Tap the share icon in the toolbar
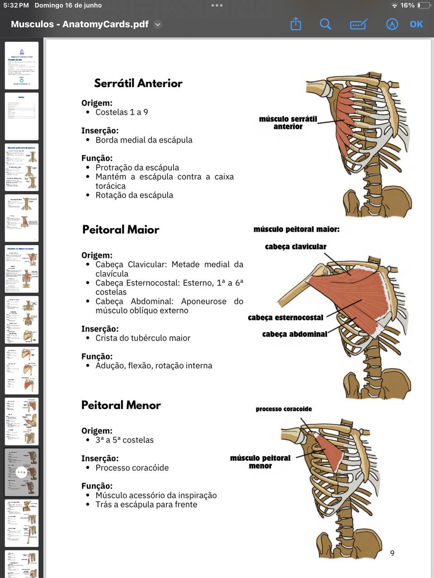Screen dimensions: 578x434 [296, 24]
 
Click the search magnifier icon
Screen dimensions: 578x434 [325, 24]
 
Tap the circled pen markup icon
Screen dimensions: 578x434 [392, 24]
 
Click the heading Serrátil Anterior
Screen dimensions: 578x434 [138, 83]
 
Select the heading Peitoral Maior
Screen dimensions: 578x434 [121, 229]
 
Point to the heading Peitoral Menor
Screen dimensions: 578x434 [121, 405]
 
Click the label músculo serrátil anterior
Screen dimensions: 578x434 [288, 123]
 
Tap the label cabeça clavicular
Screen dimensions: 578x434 [296, 247]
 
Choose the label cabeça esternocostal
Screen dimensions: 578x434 [285, 317]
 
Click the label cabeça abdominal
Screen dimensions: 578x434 [294, 334]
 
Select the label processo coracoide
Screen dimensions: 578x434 [283, 409]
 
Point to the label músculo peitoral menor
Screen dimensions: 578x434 [260, 461]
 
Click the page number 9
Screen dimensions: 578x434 [392, 553]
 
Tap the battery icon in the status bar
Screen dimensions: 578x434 [423, 5]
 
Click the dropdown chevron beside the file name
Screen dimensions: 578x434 [158, 24]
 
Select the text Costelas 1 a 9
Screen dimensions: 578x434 [122, 112]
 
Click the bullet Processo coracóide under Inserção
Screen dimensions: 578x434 [132, 468]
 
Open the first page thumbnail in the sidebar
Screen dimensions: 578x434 [22, 65]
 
